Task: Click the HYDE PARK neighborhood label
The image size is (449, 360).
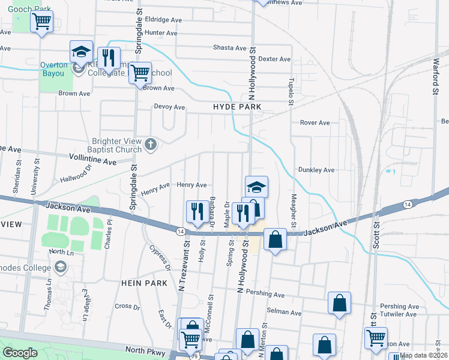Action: pos(237,106)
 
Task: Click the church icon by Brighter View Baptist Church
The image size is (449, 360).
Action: pos(151,144)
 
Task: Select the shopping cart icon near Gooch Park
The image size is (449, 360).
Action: pos(41,22)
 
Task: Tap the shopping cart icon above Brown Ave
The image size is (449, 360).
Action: pos(140,73)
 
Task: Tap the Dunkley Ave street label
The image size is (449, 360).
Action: pos(316,170)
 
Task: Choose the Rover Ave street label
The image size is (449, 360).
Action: pos(315,122)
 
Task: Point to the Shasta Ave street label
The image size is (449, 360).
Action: pos(230,47)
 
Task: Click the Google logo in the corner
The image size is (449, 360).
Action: pos(20,353)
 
